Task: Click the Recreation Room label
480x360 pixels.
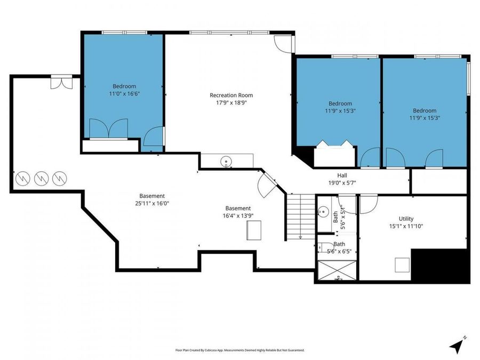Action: [231, 95]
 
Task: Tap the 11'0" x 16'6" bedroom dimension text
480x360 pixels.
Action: [124, 94]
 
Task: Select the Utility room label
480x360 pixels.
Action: [406, 219]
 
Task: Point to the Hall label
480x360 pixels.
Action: [342, 175]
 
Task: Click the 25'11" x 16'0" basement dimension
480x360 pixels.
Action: [152, 203]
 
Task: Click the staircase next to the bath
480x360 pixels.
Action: [301, 217]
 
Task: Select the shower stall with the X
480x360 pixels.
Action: [337, 270]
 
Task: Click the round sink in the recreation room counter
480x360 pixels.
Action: [226, 161]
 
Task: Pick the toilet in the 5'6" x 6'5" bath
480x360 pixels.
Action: [325, 247]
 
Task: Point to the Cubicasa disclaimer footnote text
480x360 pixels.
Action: [239, 350]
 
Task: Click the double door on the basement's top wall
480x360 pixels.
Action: [61, 82]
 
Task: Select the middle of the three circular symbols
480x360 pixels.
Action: [41, 179]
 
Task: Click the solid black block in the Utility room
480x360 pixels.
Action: [440, 266]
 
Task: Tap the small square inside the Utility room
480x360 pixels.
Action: [402, 265]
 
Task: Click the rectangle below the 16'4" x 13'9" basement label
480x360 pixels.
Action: [254, 230]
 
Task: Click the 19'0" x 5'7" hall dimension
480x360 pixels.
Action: [342, 183]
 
